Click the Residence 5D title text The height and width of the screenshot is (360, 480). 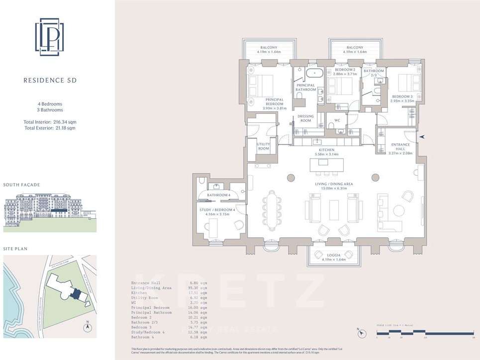tap(50, 80)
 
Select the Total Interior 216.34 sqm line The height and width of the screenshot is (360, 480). tap(50, 122)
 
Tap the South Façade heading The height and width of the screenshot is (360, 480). tap(22, 185)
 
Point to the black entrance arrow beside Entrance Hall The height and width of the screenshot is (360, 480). tap(422, 136)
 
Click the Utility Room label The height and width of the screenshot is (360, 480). tap(264, 146)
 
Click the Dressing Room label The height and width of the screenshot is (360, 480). tap(305, 118)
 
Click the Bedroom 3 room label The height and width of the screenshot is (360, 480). tap(402, 98)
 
